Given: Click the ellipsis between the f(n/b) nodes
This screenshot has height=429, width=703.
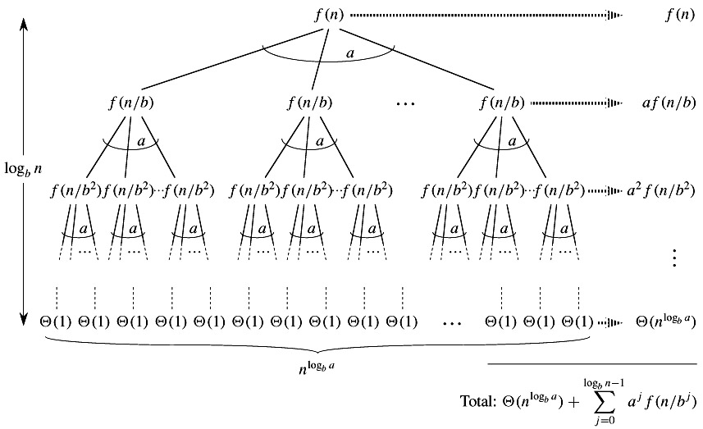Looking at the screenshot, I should [405, 104].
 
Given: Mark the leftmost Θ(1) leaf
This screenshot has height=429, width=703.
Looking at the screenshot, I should [56, 322].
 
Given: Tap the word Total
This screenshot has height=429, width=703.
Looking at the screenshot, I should [478, 403].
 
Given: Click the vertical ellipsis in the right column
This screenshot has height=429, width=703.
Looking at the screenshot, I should [674, 258].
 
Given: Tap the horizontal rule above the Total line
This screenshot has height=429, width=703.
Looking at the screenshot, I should [592, 363].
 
